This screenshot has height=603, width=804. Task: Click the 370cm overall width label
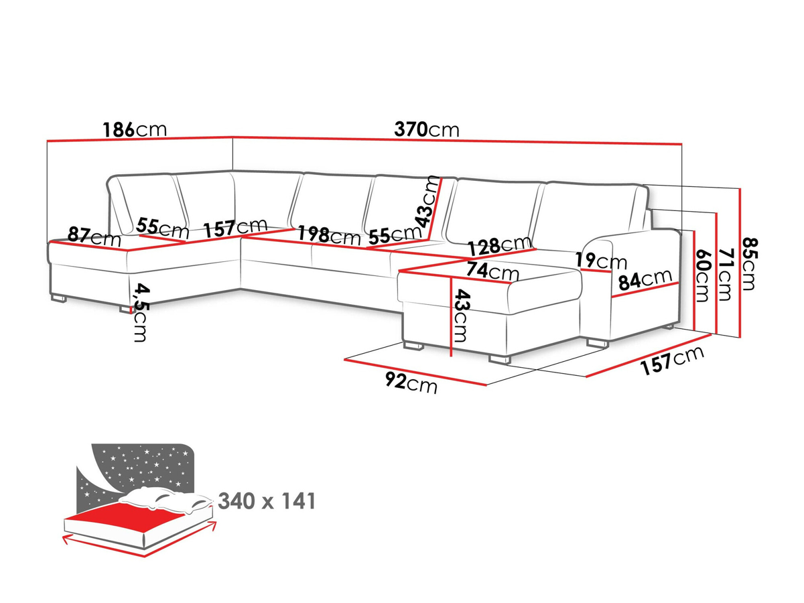click(426, 129)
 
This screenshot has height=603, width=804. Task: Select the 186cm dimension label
click(135, 129)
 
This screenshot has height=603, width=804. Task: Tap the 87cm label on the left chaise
click(94, 237)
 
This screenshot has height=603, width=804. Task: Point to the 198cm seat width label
click(329, 235)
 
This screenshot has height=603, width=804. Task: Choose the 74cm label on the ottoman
click(492, 271)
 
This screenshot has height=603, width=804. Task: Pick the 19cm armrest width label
click(601, 261)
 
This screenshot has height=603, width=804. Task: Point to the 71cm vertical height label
click(726, 274)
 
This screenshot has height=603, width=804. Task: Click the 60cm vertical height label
click(701, 275)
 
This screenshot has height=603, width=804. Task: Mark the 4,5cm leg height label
click(141, 313)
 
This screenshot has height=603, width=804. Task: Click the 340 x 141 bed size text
click(267, 501)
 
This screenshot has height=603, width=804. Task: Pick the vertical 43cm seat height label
click(461, 316)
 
